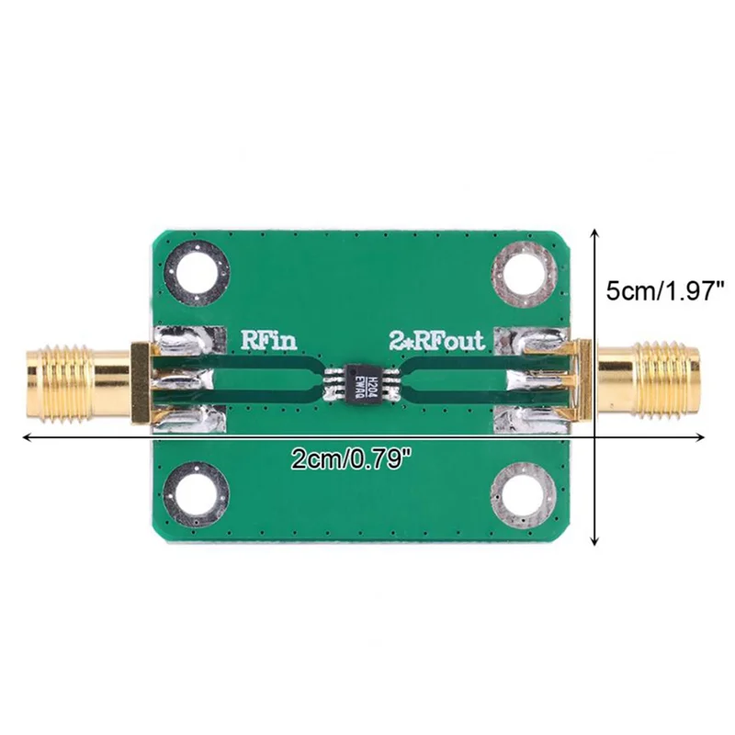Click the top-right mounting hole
[524, 272]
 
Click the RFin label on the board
[267, 340]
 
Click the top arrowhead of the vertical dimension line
[600, 234]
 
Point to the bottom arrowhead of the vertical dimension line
[600, 542]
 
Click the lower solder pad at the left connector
[190, 419]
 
